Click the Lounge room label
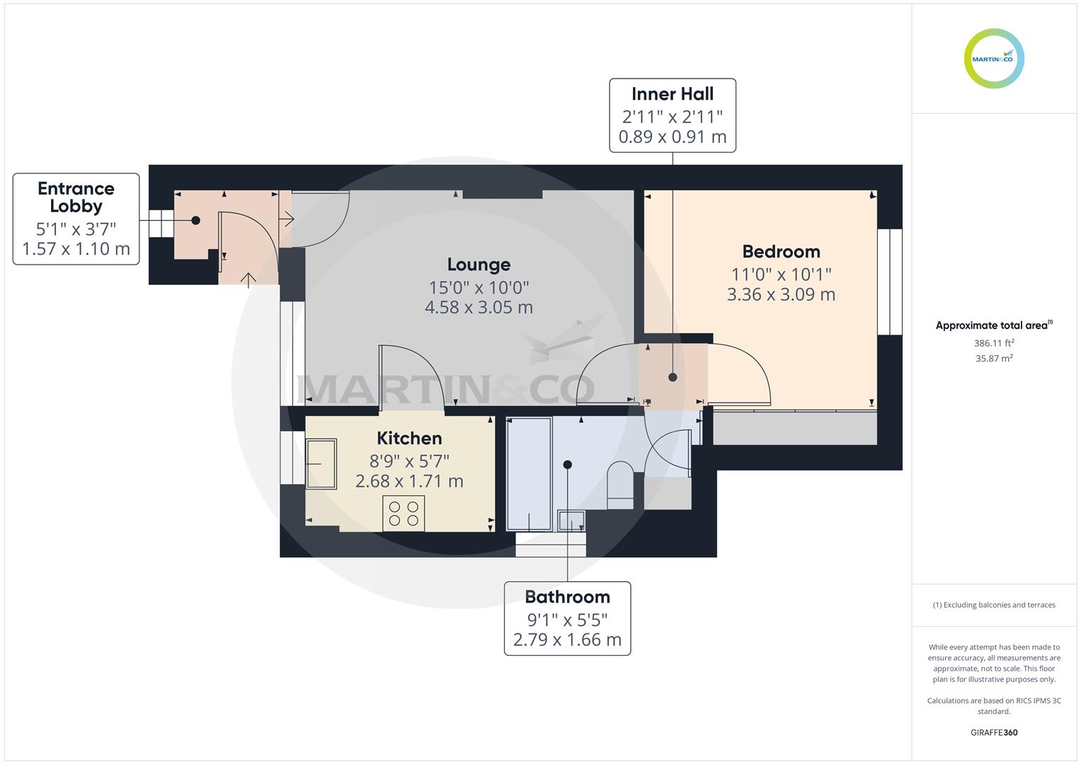tap(479, 265)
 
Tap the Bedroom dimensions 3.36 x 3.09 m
tap(781, 295)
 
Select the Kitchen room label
tap(409, 439)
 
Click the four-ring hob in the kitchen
tap(404, 513)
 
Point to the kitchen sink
tap(321, 463)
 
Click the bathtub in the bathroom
tap(529, 474)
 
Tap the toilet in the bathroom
tap(621, 485)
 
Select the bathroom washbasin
tap(571, 521)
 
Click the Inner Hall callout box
tap(673, 115)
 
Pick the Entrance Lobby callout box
tap(76, 219)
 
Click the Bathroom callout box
tap(567, 618)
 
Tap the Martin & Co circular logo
tap(994, 59)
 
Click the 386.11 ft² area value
tap(994, 343)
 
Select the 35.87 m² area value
tap(994, 359)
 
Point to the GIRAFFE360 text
tap(994, 733)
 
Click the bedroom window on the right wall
tap(890, 282)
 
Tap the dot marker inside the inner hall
tap(673, 378)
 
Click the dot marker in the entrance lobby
tap(196, 221)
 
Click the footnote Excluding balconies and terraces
tap(994, 605)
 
